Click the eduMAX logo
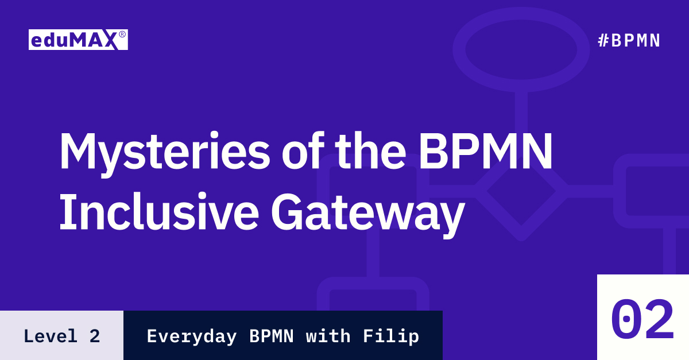tap(78, 40)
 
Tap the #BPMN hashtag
tap(629, 40)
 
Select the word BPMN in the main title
tap(486, 151)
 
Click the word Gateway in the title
tap(368, 215)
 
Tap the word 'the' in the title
tap(370, 150)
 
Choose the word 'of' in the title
tap(303, 150)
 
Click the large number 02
tap(642, 319)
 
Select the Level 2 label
tap(62, 336)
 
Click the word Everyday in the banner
tap(192, 336)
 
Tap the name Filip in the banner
tap(391, 336)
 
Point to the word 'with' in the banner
tap(328, 336)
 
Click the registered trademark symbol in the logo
tap(122, 34)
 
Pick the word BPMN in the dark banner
tap(272, 336)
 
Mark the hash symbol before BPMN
tap(603, 40)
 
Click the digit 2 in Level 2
tap(95, 336)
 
